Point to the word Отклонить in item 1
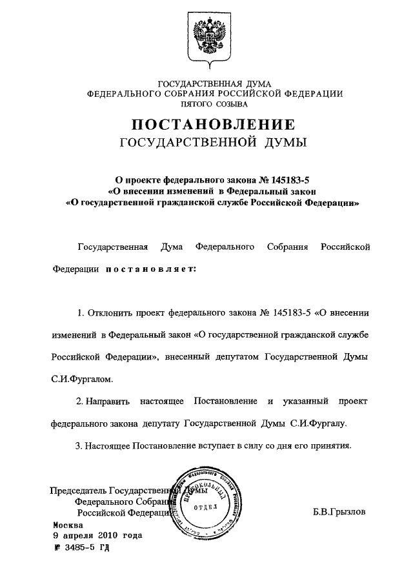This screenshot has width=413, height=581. point(110,313)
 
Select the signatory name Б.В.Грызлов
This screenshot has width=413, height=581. point(339,513)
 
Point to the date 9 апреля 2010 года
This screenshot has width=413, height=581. point(97,536)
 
